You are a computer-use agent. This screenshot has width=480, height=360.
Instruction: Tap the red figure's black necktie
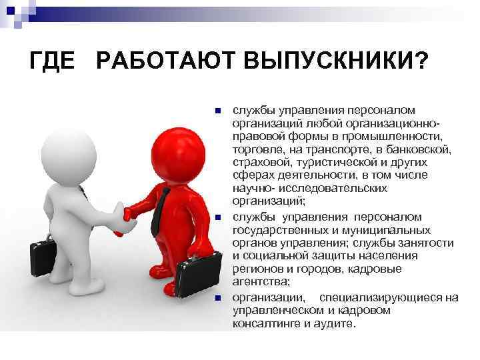pyautogui.click(x=158, y=207)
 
